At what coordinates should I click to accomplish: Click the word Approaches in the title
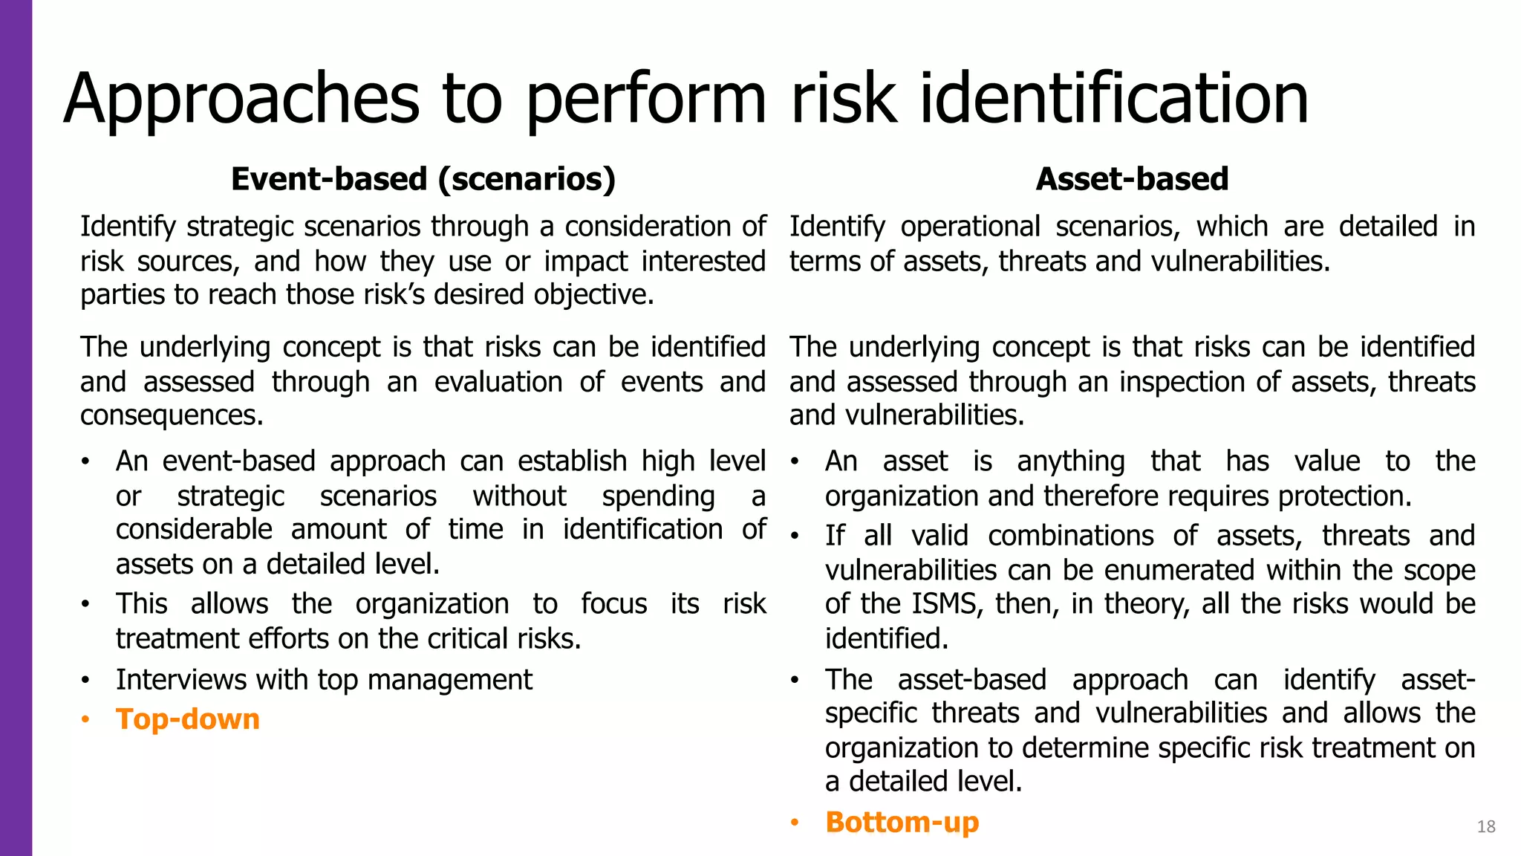(241, 100)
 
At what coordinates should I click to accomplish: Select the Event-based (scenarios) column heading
(423, 179)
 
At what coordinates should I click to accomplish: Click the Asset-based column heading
(1132, 179)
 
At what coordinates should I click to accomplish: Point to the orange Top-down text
(188, 719)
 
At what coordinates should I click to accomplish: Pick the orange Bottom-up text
(902, 823)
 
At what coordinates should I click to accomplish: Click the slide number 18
(1486, 826)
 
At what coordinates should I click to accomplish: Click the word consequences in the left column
(171, 415)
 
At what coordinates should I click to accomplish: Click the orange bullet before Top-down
(86, 719)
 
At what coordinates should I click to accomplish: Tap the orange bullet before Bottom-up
(795, 823)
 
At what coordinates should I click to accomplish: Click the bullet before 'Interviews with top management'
(86, 680)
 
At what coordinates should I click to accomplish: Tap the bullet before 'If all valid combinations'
(795, 536)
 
